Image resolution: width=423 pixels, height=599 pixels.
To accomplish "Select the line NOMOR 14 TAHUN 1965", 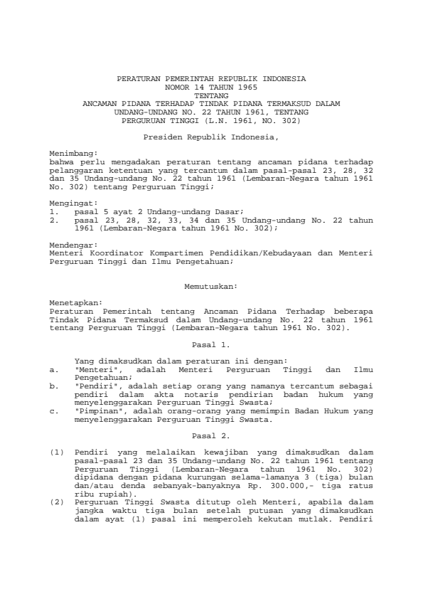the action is (x=211, y=85).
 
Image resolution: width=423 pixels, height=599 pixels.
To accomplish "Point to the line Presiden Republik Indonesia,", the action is (x=211, y=135).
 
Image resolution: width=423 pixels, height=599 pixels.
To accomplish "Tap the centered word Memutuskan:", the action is (x=211, y=286).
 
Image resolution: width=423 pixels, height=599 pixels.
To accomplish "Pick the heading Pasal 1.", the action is (x=211, y=344).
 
